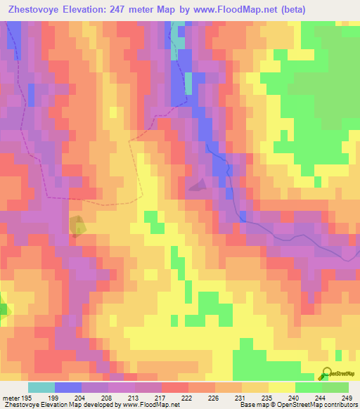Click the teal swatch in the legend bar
point(41,387)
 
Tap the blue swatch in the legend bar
point(68,387)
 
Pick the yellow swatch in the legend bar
point(282,387)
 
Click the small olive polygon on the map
point(77,226)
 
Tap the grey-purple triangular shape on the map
point(198,185)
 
